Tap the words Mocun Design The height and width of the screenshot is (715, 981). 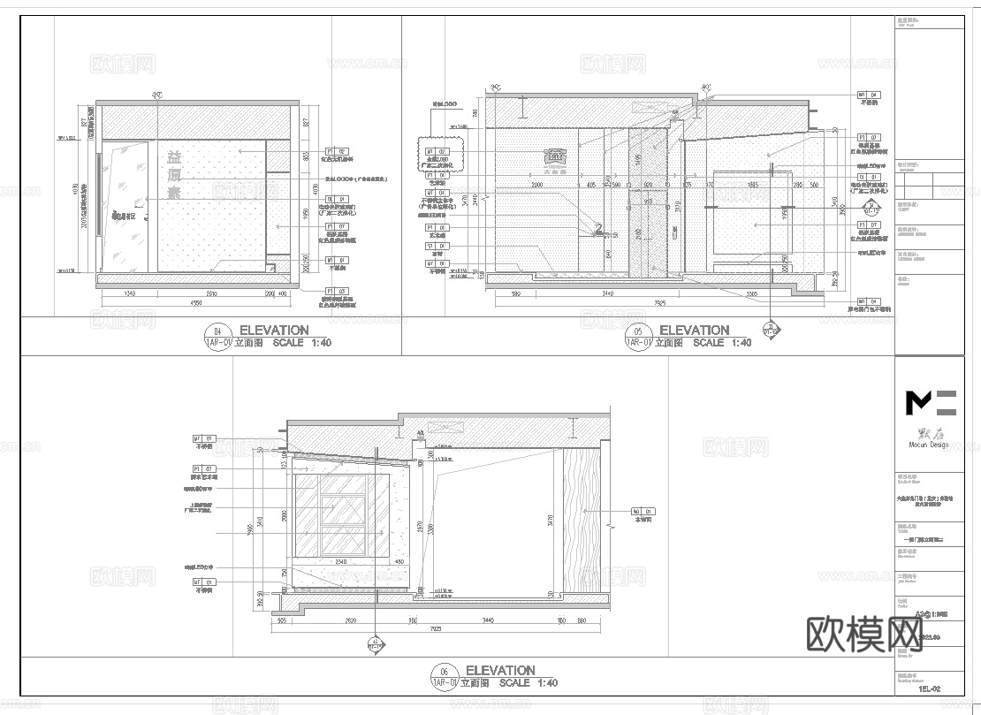click(928, 445)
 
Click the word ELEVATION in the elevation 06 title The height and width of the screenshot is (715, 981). click(500, 671)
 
